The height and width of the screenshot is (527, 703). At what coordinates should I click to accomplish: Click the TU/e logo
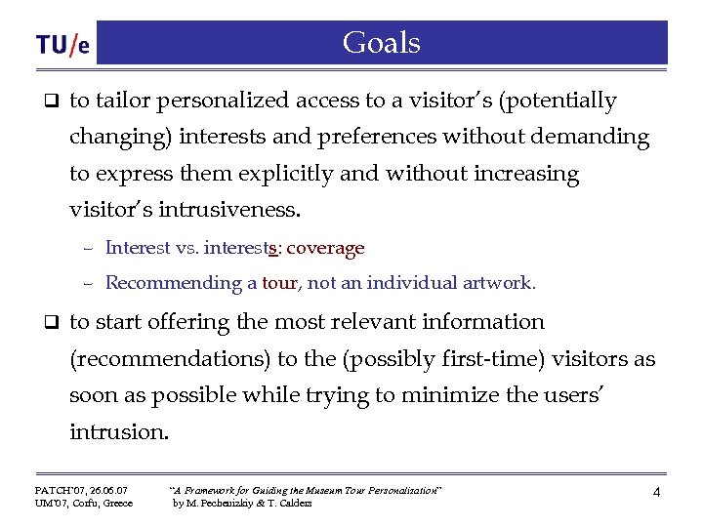[x=63, y=45]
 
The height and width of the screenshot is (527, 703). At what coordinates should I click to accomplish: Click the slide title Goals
[x=382, y=43]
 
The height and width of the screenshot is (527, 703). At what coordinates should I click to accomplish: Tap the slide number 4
[x=656, y=493]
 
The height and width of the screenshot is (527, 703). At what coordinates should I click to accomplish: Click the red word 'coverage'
[x=325, y=248]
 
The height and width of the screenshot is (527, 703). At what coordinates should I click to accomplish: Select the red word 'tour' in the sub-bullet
[x=279, y=283]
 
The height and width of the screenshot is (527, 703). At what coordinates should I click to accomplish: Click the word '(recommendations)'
[x=169, y=359]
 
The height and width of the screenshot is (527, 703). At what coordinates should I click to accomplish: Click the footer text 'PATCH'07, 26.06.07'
[x=81, y=490]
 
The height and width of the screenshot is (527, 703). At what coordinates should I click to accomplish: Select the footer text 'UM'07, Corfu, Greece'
[x=84, y=504]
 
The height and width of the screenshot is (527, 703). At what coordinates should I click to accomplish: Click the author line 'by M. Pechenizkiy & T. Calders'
[x=242, y=504]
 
